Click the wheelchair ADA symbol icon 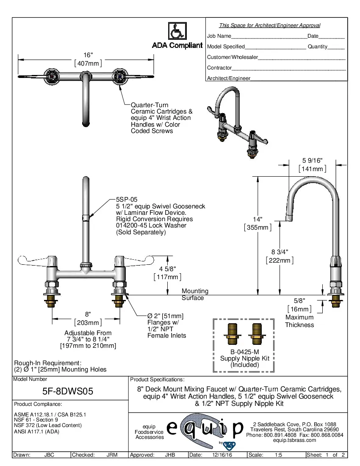(x=177, y=31)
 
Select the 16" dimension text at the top (x=88, y=55)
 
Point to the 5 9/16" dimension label (x=313, y=161)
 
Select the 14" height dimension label (x=258, y=219)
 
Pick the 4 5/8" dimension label (x=167, y=269)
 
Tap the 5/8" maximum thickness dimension (x=299, y=300)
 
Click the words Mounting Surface (x=195, y=294)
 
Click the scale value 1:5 (x=279, y=455)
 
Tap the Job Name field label (x=219, y=36)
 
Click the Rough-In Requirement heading (x=47, y=363)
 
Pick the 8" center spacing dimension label (x=88, y=314)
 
